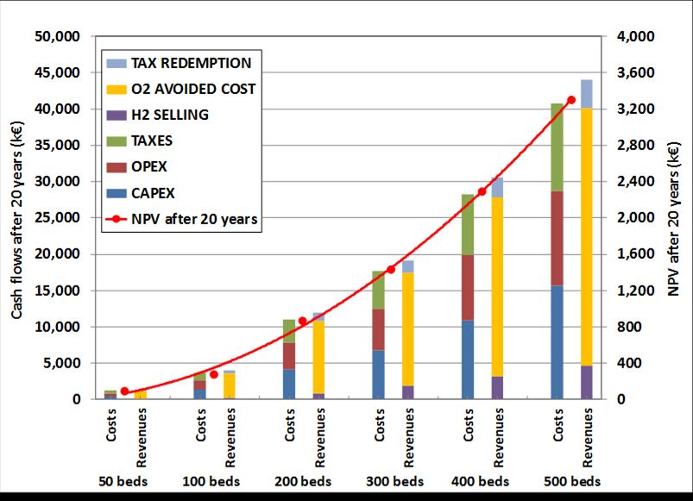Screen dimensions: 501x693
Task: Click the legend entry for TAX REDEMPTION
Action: pos(190,63)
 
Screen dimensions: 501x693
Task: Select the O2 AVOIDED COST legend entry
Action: pos(192,89)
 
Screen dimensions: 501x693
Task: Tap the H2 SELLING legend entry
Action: pos(169,115)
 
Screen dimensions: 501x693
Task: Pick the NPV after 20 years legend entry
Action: pos(193,219)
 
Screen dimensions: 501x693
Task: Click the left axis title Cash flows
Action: pos(16,218)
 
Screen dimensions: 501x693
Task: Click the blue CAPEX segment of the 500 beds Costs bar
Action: pos(558,342)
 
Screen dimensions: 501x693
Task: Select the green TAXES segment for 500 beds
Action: pos(558,147)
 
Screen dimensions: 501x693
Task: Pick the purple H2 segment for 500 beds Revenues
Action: pos(587,382)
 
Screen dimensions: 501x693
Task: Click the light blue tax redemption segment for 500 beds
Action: pos(587,93)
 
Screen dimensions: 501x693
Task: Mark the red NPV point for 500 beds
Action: pos(570,100)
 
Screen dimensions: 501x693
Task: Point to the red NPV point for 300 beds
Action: pos(391,269)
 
